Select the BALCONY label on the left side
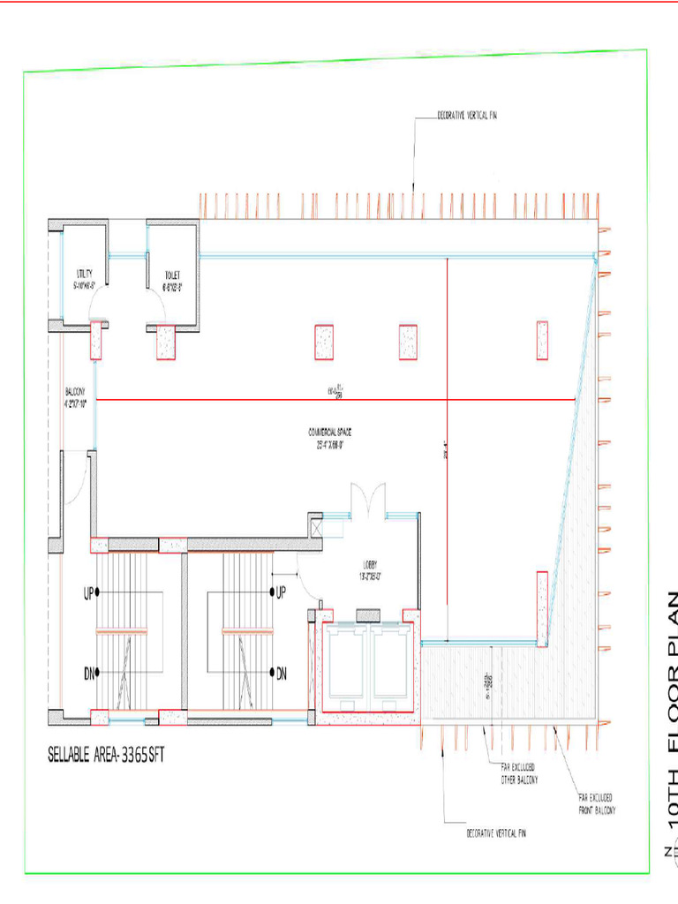click(x=75, y=397)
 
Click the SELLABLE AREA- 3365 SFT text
click(x=106, y=756)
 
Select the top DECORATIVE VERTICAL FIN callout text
click(x=467, y=116)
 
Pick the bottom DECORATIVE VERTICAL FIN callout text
click(x=495, y=832)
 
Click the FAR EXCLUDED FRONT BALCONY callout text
click(x=597, y=803)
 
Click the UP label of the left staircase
click(x=89, y=592)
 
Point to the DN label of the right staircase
click(x=282, y=674)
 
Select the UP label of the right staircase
click(x=282, y=592)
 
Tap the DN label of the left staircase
click(x=89, y=674)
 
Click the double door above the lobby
click(x=365, y=500)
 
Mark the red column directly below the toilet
click(x=166, y=342)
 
